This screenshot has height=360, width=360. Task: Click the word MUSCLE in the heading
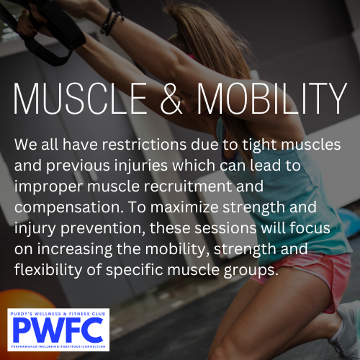pos(81,99)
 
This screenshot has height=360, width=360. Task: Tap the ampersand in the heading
pos(171,99)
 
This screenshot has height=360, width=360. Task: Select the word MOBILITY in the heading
pos(272,99)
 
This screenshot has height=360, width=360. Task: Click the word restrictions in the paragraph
pos(144,145)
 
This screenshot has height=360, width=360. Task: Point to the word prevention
pos(103,229)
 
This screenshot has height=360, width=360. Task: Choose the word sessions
pos(225,228)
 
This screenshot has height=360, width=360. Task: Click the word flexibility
pos(48,271)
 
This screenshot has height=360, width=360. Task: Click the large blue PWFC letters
pos(58,330)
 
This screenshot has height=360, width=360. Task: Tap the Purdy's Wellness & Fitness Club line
pos(58,314)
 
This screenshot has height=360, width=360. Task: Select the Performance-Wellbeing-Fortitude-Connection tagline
pos(58,346)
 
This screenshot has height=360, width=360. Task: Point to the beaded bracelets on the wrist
pos(112,22)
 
